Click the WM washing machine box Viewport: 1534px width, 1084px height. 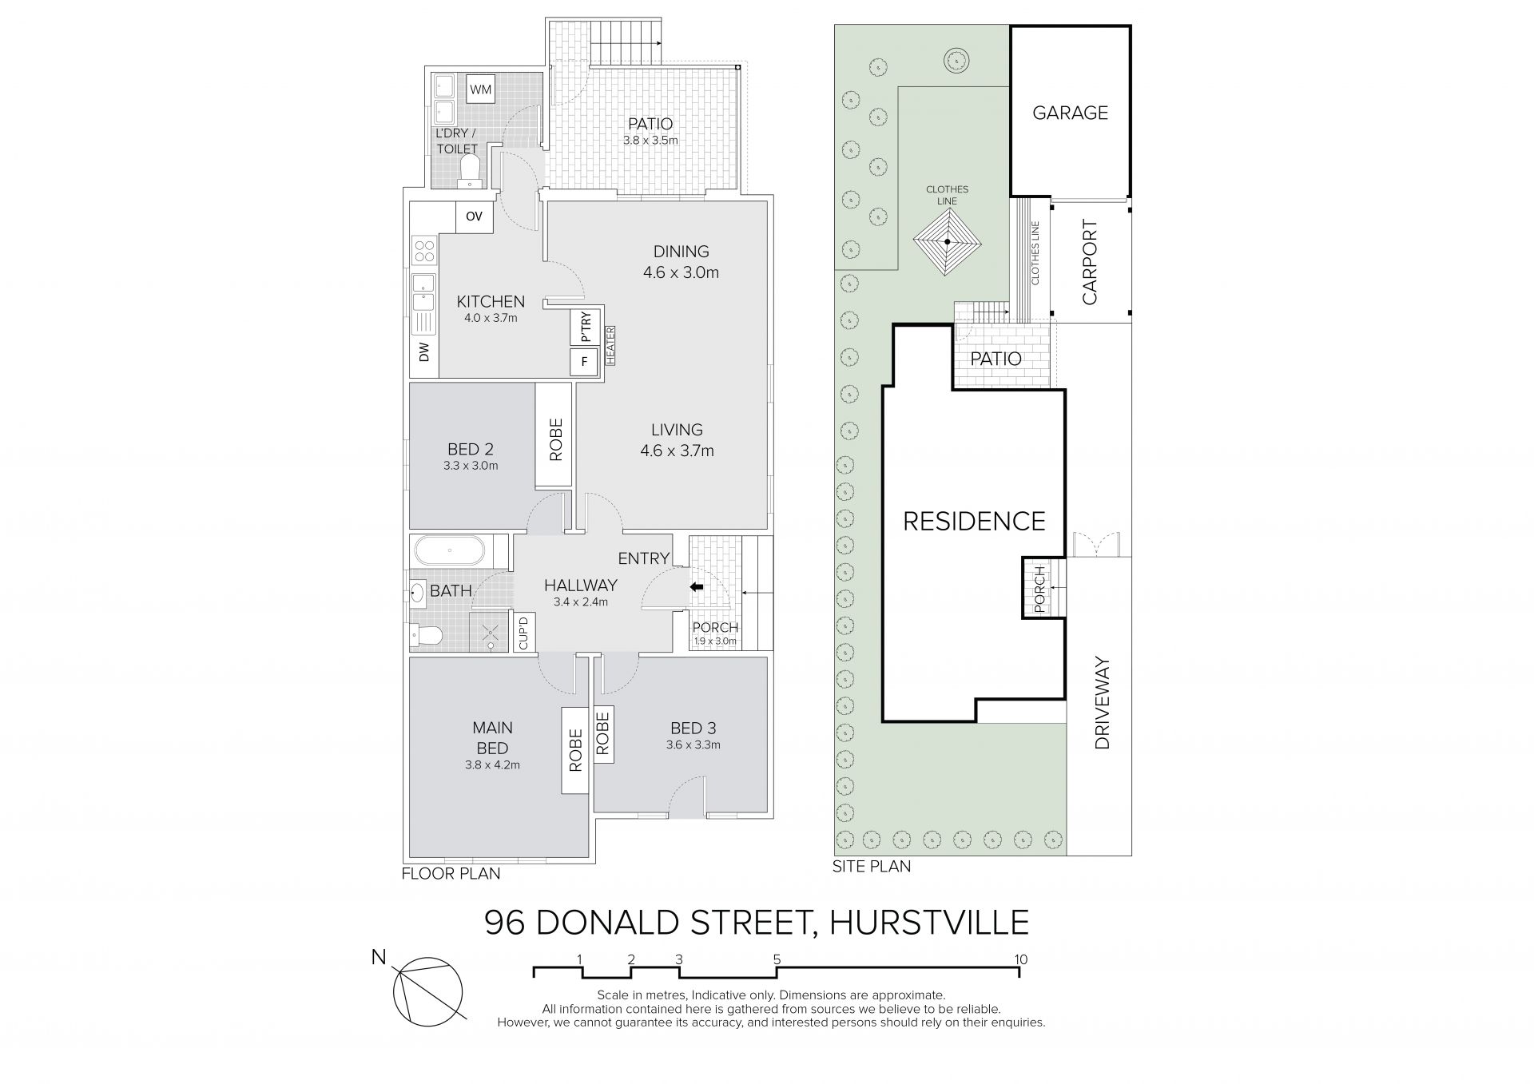[x=480, y=89]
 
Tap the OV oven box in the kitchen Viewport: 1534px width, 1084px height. [x=474, y=216]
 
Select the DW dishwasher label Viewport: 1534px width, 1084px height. [x=424, y=351]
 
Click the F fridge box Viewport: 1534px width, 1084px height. [x=585, y=362]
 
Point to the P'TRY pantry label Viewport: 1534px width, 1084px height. [x=585, y=328]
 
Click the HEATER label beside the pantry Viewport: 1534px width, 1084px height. [x=610, y=346]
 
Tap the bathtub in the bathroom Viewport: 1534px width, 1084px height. [x=451, y=550]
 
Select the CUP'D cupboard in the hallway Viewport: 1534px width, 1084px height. [x=524, y=633]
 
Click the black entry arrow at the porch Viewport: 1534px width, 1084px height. [x=697, y=587]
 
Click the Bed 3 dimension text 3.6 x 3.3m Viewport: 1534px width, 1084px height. [x=693, y=745]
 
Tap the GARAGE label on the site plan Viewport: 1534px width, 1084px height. [x=1070, y=113]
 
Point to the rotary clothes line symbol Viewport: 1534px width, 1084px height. [x=947, y=242]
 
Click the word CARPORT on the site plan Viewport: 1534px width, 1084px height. [x=1090, y=263]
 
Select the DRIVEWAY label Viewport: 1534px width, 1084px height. [x=1103, y=703]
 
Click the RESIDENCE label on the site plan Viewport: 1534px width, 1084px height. [x=974, y=522]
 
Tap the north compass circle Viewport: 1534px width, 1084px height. [x=428, y=991]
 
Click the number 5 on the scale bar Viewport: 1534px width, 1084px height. [x=777, y=959]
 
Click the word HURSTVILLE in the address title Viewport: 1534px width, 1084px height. [x=929, y=923]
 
